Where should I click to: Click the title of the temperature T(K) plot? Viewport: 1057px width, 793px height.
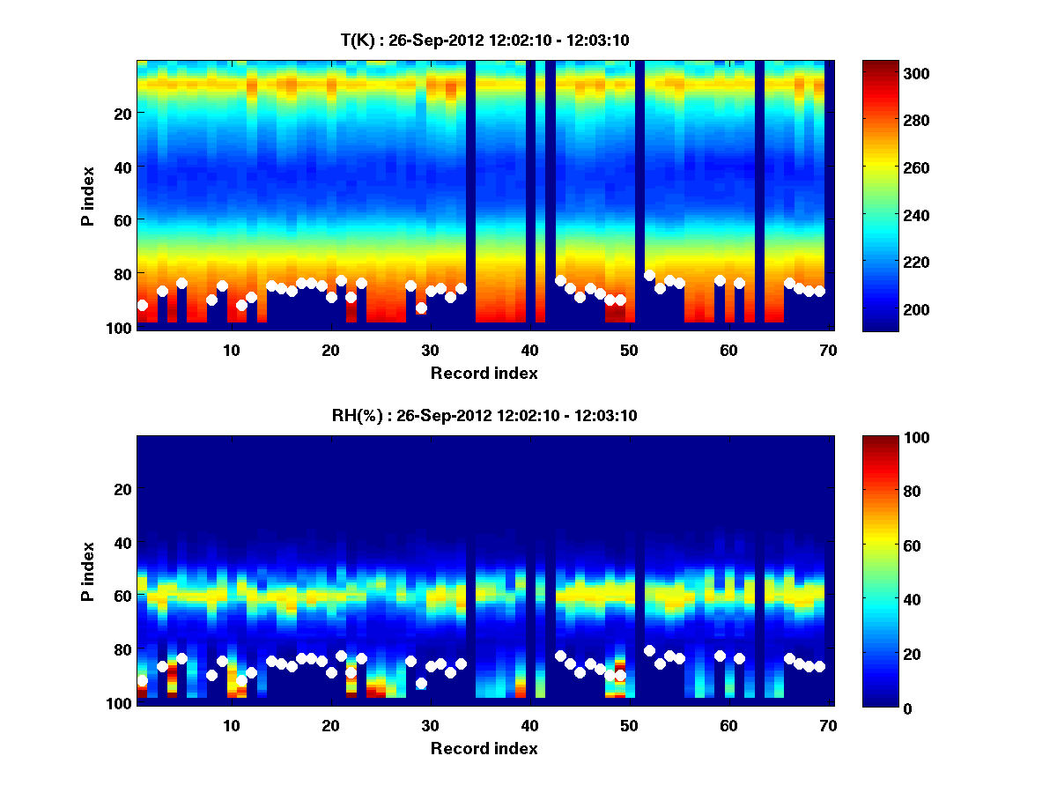[x=484, y=40]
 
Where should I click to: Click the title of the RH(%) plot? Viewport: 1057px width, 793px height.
[x=484, y=415]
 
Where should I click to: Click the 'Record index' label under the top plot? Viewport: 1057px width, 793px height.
[x=484, y=373]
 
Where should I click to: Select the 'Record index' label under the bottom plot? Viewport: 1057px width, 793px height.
[x=484, y=748]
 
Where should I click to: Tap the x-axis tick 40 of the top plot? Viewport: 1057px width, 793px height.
[x=529, y=350]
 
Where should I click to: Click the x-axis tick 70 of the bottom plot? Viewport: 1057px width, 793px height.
[x=828, y=725]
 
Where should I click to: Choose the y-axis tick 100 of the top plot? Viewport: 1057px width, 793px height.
[x=121, y=328]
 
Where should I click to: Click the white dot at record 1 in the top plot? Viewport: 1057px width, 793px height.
[x=143, y=305]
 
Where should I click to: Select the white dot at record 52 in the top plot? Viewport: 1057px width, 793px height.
[x=649, y=276]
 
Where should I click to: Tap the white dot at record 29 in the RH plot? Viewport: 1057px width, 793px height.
[x=421, y=683]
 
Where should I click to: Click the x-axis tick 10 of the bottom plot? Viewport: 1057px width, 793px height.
[x=232, y=725]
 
